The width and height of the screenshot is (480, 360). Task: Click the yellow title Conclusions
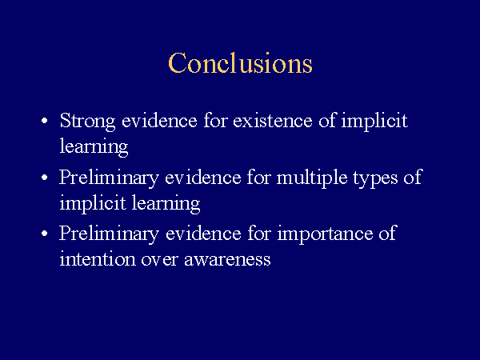[240, 62]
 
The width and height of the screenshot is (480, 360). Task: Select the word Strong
[87, 122]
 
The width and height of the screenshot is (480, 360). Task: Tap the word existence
[273, 120]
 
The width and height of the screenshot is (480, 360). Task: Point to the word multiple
[312, 178]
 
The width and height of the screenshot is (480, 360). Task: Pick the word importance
[325, 234]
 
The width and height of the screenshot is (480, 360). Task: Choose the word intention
[98, 258]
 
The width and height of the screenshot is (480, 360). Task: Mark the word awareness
[227, 260]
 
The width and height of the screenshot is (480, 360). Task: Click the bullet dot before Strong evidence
[44, 121]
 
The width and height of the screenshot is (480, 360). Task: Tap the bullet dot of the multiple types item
[44, 178]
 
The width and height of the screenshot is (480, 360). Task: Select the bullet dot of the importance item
[44, 234]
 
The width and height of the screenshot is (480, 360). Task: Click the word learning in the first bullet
[94, 147]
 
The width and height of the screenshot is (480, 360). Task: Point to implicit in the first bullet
[374, 122]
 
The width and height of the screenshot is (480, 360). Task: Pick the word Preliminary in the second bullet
[109, 178]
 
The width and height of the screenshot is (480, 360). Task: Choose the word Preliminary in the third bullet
[109, 234]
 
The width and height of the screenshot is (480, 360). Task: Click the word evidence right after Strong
[159, 120]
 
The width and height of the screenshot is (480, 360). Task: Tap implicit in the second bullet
[93, 204]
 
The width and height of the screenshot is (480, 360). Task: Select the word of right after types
[413, 177]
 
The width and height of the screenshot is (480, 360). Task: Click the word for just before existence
[215, 120]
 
